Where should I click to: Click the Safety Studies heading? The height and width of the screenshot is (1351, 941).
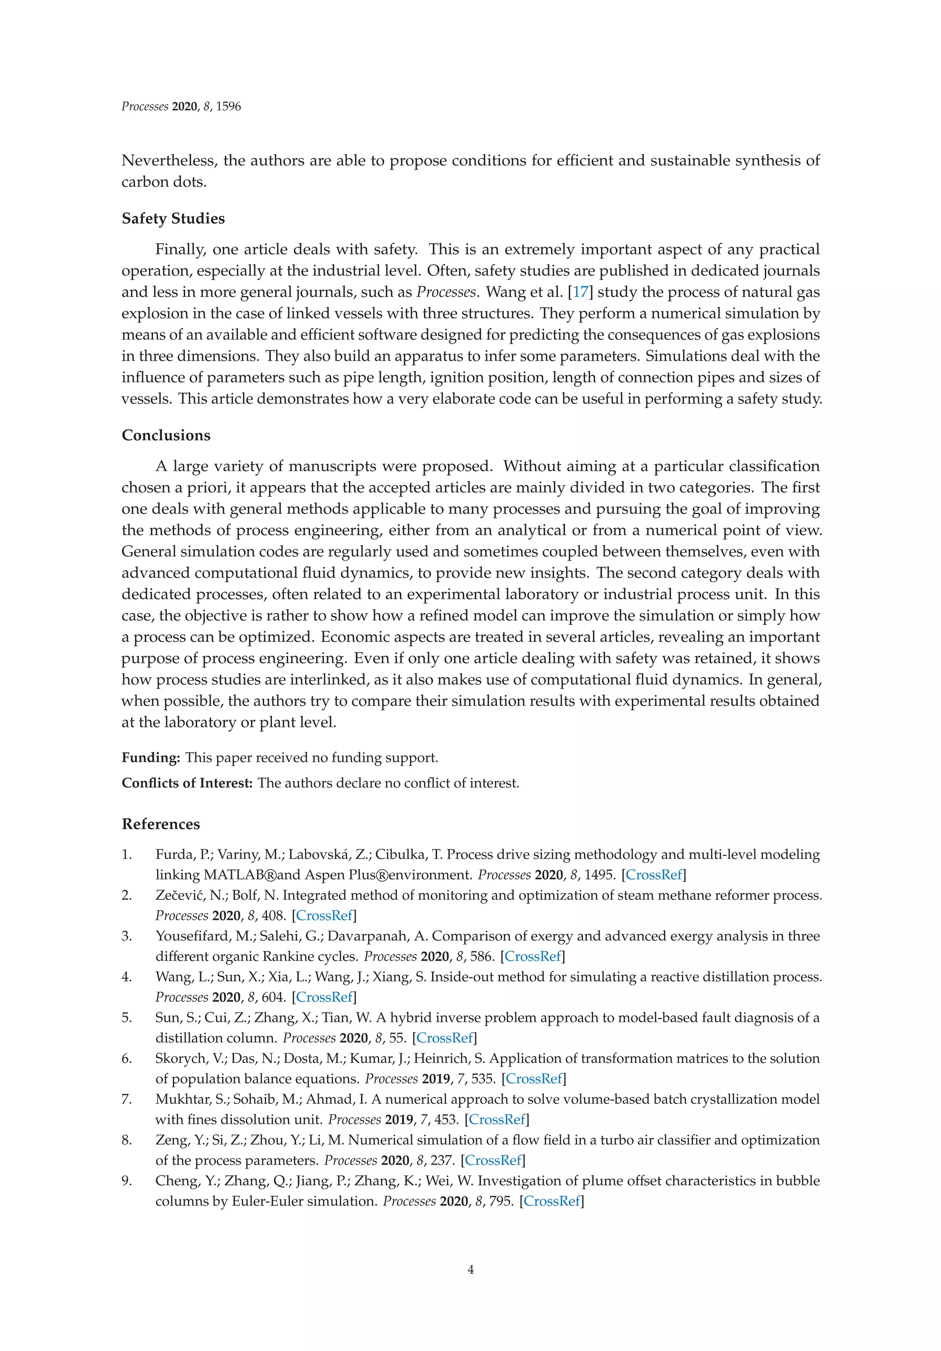[173, 218]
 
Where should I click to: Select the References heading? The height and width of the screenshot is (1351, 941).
[161, 824]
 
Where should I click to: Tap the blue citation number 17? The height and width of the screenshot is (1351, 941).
[580, 292]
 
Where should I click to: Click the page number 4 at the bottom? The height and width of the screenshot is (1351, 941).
[470, 1269]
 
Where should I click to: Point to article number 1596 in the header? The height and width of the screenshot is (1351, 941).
[228, 107]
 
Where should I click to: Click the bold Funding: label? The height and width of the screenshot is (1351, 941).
[151, 757]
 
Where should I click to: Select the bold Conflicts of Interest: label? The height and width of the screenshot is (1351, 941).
[187, 783]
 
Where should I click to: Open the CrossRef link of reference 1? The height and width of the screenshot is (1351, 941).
[654, 874]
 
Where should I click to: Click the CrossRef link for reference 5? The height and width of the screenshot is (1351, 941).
[444, 1038]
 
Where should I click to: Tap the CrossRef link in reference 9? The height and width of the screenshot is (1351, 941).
[552, 1201]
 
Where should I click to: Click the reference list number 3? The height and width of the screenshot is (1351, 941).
[126, 936]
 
